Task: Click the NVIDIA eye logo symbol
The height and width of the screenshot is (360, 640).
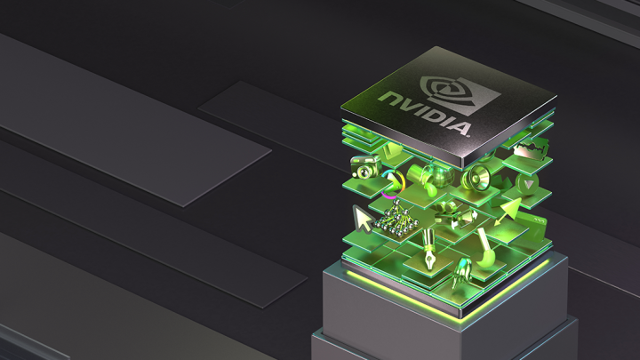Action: (x=460, y=94)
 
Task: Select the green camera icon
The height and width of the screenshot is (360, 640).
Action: (x=365, y=166)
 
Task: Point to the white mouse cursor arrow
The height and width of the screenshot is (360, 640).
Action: (x=363, y=219)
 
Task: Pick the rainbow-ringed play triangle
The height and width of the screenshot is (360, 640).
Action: (x=393, y=184)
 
